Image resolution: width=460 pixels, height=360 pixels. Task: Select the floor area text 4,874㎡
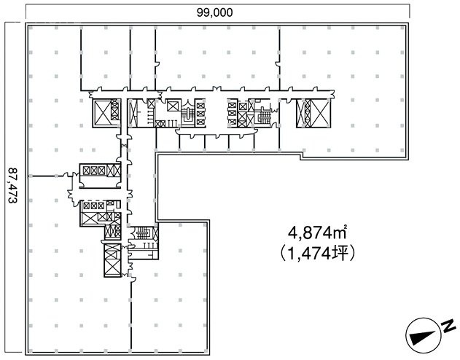pyautogui.click(x=311, y=235)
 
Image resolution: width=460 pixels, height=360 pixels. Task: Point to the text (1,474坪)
pyautogui.click(x=311, y=254)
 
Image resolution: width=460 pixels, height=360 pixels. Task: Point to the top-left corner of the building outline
pyautogui.click(x=27, y=25)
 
